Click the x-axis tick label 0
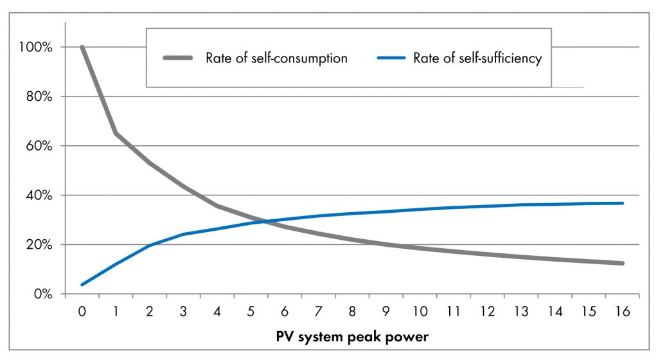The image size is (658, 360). [82, 311]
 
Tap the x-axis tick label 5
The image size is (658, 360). [251, 311]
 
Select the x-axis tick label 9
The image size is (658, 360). [386, 311]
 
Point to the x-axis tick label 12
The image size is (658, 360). [487, 311]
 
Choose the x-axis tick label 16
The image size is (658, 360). [622, 311]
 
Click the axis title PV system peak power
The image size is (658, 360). [352, 337]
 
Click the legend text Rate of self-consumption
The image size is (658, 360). [276, 59]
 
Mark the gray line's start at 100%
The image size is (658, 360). [82, 47]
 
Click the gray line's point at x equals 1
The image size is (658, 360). [116, 134]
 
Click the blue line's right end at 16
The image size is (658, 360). [622, 203]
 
